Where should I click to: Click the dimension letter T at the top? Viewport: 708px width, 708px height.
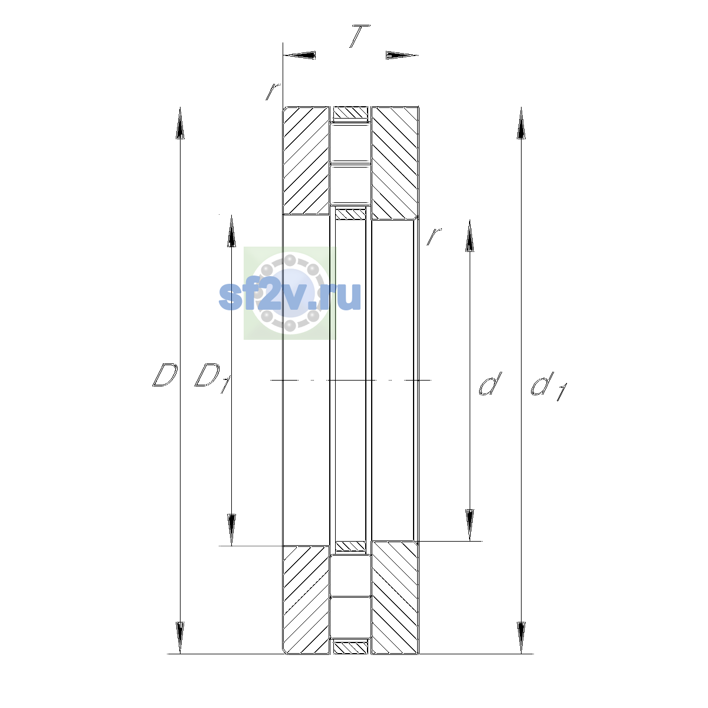(x=359, y=36)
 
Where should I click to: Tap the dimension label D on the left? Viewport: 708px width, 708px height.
(x=165, y=375)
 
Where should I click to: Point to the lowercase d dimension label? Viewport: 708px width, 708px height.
(x=490, y=383)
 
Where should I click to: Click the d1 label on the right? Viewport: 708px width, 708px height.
(x=549, y=386)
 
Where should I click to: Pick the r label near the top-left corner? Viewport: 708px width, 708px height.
(x=273, y=91)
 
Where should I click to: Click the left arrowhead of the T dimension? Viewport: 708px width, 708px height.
(x=299, y=55)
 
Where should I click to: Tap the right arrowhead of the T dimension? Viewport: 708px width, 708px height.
(x=402, y=55)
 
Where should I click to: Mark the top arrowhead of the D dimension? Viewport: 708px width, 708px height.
(x=180, y=123)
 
